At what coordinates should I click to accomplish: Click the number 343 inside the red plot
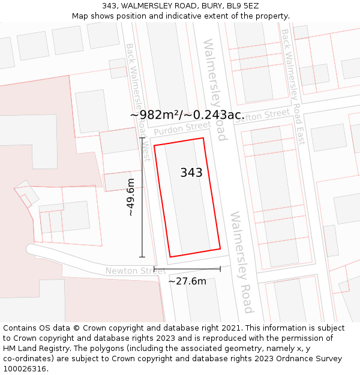pyautogui.click(x=191, y=173)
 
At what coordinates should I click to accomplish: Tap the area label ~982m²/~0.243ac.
pyautogui.click(x=187, y=115)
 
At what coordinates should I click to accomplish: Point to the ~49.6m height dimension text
pyautogui.click(x=130, y=197)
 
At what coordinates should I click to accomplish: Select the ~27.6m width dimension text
pyautogui.click(x=187, y=281)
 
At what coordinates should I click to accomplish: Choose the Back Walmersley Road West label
pyautogui.click(x=137, y=102)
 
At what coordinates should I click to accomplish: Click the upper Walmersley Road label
pyautogui.click(x=215, y=90)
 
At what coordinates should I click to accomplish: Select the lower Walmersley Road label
pyautogui.click(x=242, y=262)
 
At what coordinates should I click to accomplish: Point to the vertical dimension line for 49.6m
pyautogui.click(x=142, y=197)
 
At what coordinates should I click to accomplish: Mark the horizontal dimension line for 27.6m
pyautogui.click(x=187, y=268)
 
